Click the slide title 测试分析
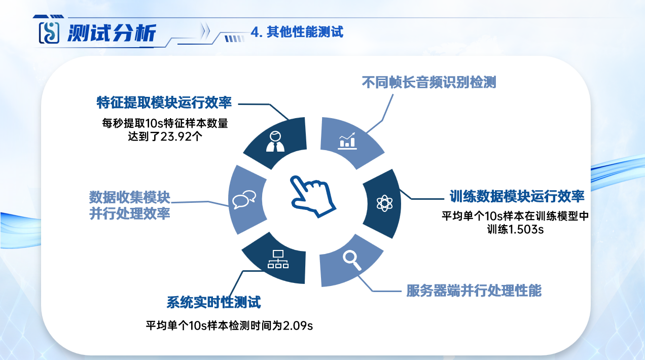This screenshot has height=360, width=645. point(112,33)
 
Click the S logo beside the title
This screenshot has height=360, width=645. point(49,32)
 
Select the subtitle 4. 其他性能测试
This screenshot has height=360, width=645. point(297,31)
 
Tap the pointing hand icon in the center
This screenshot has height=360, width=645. point(313,196)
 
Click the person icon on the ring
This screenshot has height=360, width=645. point(275,141)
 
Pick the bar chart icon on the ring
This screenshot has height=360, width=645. point(347,141)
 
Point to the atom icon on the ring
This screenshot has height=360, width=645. point(384,203)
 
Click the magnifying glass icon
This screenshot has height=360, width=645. point(352,260)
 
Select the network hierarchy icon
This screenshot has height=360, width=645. point(278,259)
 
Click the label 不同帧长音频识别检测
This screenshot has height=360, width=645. point(429,82)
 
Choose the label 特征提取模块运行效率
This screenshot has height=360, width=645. point(164,102)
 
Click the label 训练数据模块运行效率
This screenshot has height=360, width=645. point(517,196)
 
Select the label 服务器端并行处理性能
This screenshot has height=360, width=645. point(474,291)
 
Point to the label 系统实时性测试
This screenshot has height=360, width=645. point(213,302)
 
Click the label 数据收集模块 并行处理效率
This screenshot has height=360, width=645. point(130,205)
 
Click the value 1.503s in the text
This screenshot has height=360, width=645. point(526,230)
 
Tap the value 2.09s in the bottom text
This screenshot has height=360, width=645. point(298,326)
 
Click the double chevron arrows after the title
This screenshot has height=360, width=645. point(205,30)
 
